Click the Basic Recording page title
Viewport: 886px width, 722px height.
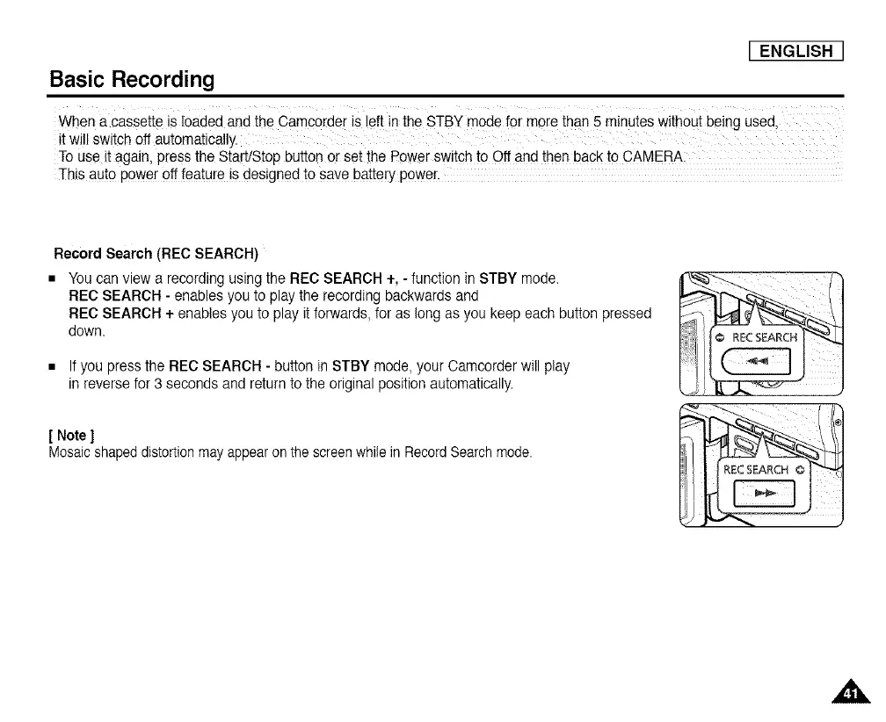131,79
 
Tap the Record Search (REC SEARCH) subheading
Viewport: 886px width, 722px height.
156,255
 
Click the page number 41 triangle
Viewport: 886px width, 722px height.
849,692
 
